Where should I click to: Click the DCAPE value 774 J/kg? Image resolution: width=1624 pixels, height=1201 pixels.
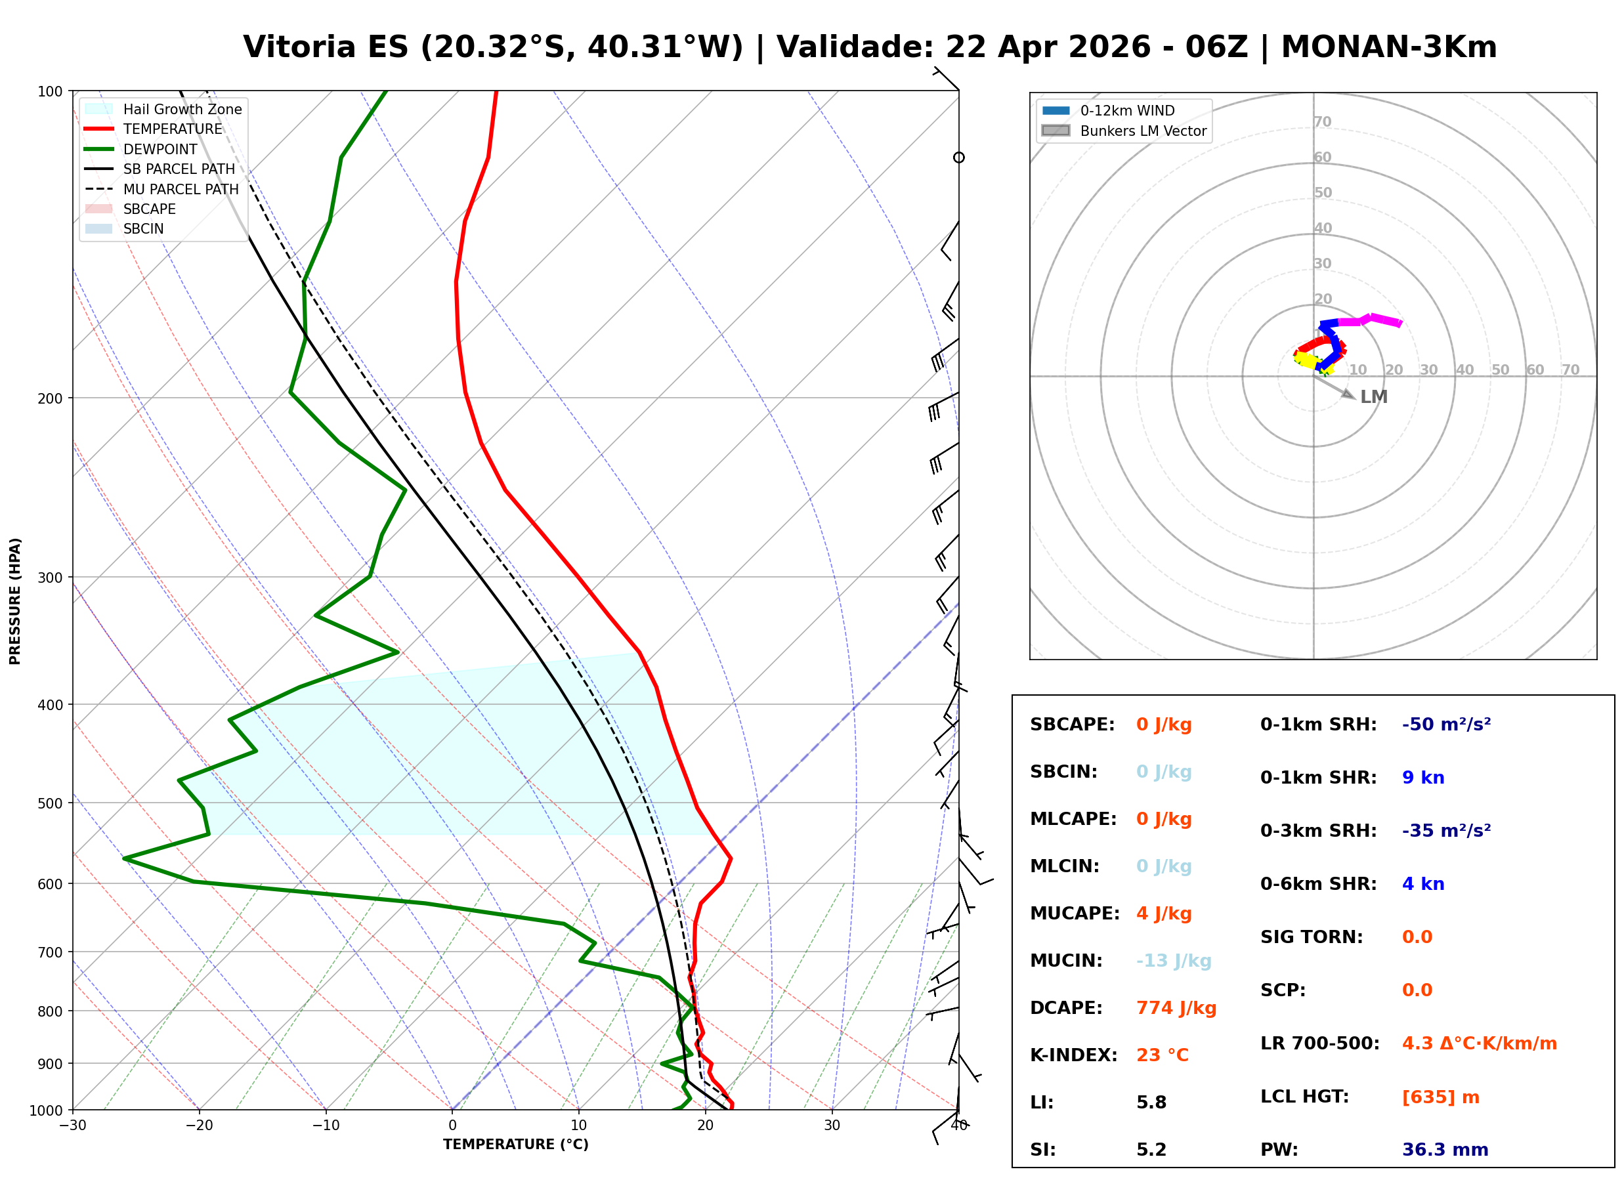1176,1008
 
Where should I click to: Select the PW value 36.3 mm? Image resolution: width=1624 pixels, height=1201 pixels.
1444,1150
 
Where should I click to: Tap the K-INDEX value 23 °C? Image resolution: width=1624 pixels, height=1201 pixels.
1162,1055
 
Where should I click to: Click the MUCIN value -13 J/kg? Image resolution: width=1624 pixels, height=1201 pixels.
1173,961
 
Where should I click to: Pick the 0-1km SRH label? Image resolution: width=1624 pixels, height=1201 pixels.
1318,725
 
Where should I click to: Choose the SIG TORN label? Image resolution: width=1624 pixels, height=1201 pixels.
1312,937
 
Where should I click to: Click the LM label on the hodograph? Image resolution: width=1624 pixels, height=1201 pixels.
1373,397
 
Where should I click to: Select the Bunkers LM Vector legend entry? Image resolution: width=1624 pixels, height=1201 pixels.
1143,131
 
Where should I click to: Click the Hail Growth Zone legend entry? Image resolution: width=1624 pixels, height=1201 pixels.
182,109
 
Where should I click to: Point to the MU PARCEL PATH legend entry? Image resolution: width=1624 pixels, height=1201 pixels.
181,189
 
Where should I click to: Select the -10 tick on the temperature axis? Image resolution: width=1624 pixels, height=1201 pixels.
325,1126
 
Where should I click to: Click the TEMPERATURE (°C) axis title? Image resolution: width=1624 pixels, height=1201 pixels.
515,1145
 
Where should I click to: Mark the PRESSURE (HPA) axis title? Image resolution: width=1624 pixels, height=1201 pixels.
15,600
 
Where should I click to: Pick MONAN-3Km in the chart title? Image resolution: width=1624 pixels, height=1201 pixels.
1388,47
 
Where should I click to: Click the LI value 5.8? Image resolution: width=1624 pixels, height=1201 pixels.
1151,1103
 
